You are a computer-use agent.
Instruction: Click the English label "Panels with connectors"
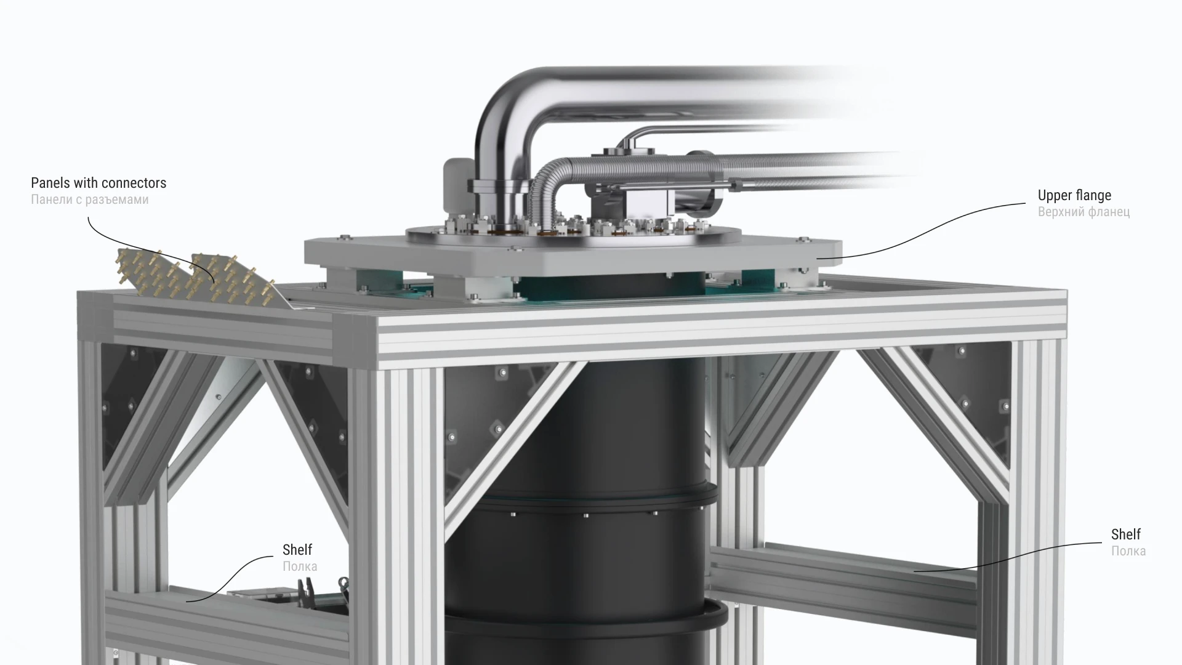pyautogui.click(x=98, y=183)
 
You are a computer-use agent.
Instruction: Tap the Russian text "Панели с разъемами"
pyautogui.click(x=90, y=199)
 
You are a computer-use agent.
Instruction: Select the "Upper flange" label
pyautogui.click(x=1074, y=195)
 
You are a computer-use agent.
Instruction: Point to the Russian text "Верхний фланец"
pyautogui.click(x=1083, y=212)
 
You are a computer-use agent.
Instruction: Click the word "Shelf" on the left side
pyautogui.click(x=297, y=549)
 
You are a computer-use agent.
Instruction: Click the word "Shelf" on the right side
pyautogui.click(x=1126, y=534)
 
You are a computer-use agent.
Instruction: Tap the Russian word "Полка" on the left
pyautogui.click(x=300, y=566)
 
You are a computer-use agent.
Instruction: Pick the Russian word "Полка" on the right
pyautogui.click(x=1128, y=550)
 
